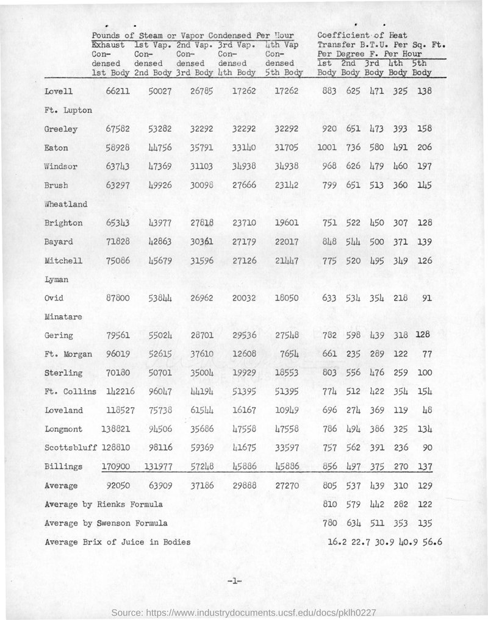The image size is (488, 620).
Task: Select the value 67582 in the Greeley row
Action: point(112,129)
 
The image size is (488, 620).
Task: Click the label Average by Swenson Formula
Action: point(106,522)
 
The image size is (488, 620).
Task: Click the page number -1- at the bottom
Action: point(235,582)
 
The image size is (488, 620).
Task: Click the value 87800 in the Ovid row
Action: point(112,299)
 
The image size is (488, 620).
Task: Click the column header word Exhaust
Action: point(108,45)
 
